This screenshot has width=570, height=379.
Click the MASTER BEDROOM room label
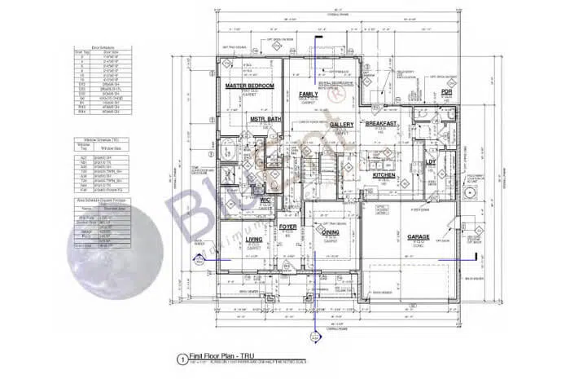(249, 86)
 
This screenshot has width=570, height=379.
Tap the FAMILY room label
(308, 95)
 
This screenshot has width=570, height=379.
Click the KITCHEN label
(384, 174)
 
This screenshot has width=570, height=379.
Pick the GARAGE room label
(419, 237)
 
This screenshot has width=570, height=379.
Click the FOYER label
(287, 226)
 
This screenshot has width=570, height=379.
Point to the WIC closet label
(265, 200)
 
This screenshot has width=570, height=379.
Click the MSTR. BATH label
(265, 121)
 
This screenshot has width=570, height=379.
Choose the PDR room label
(446, 92)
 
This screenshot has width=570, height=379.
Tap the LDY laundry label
(432, 161)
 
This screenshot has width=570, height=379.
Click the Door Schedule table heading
(102, 48)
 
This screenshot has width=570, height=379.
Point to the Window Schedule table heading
(102, 139)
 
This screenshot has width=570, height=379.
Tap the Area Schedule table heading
(102, 199)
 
